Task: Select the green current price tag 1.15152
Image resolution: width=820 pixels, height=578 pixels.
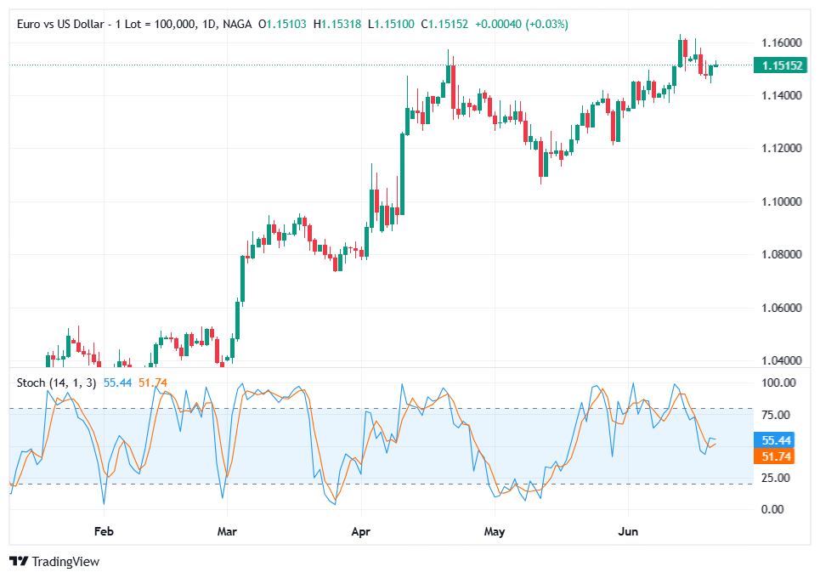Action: (781, 65)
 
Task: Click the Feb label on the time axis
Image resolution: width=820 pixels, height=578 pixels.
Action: (104, 531)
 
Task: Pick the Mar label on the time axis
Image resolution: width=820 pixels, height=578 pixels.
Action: (227, 531)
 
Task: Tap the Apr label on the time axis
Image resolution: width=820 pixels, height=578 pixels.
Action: (362, 531)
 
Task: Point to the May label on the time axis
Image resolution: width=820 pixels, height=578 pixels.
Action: (494, 531)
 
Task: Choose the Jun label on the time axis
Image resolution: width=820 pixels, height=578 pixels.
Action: (627, 531)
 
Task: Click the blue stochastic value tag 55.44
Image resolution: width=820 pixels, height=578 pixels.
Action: (777, 440)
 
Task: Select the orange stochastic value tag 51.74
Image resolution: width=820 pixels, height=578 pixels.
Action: (777, 456)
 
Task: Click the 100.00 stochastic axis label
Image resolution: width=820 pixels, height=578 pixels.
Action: (778, 383)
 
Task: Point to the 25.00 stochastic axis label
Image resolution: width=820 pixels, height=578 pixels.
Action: (778, 478)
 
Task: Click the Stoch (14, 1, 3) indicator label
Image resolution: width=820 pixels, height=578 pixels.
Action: (56, 382)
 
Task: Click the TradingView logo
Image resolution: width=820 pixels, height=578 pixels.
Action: (54, 562)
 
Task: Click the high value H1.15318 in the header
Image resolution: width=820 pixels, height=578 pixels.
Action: (338, 24)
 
